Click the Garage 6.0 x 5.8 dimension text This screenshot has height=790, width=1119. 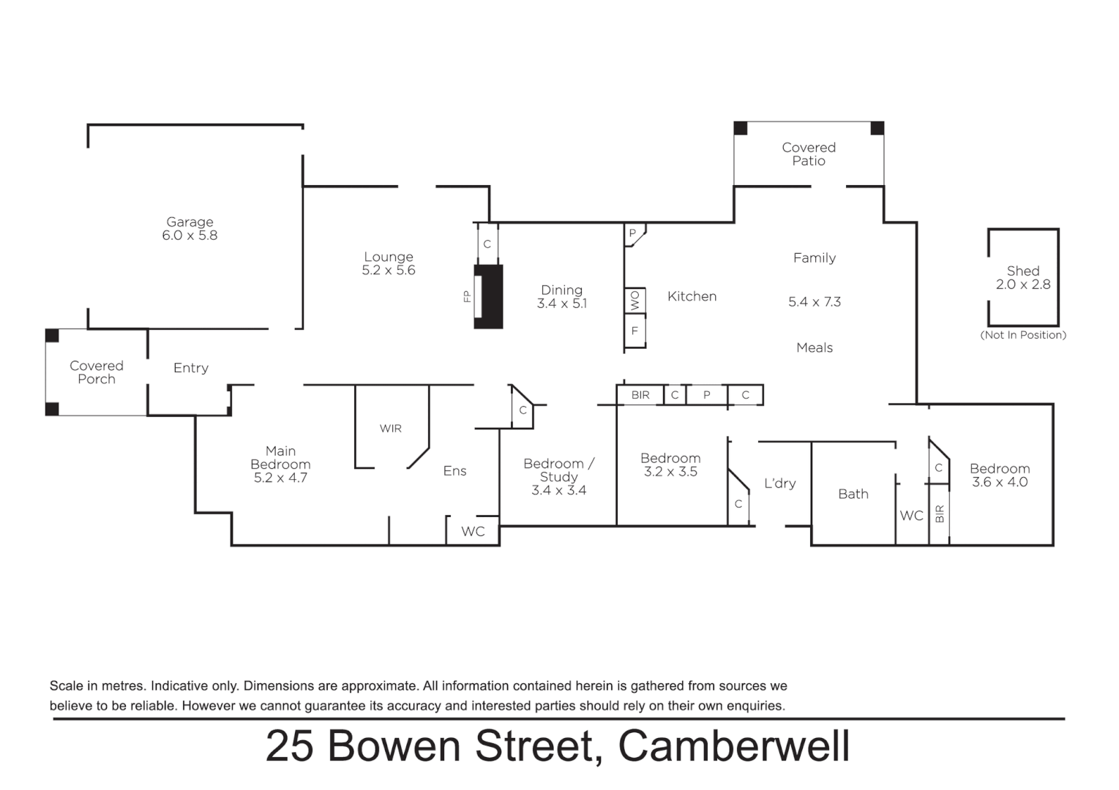[x=190, y=236]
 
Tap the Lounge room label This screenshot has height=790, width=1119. [x=389, y=257]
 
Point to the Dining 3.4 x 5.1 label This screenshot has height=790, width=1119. [x=561, y=297]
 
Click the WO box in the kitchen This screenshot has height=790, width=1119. [x=635, y=300]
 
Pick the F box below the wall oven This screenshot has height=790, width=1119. [x=635, y=331]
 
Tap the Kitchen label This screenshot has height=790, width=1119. [x=692, y=296]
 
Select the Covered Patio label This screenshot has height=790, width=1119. [x=809, y=154]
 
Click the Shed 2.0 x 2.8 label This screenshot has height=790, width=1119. [x=1022, y=278]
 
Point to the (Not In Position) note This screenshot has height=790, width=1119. [x=1023, y=335]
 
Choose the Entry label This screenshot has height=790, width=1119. [x=191, y=368]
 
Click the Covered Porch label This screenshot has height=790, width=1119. [x=97, y=372]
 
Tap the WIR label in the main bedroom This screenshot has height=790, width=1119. [x=391, y=429]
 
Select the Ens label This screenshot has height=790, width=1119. [x=454, y=471]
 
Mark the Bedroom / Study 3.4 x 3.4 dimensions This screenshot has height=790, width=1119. [x=558, y=491]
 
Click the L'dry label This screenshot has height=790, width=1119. [x=779, y=484]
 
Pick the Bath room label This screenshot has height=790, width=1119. [x=853, y=494]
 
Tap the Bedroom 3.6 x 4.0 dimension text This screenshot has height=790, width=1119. [x=1000, y=483]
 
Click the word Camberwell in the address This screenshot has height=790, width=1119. [x=733, y=747]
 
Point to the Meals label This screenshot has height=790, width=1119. [x=815, y=348]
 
